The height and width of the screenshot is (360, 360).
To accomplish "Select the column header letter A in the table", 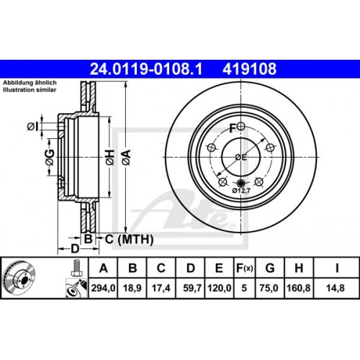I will coord(104,269).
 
